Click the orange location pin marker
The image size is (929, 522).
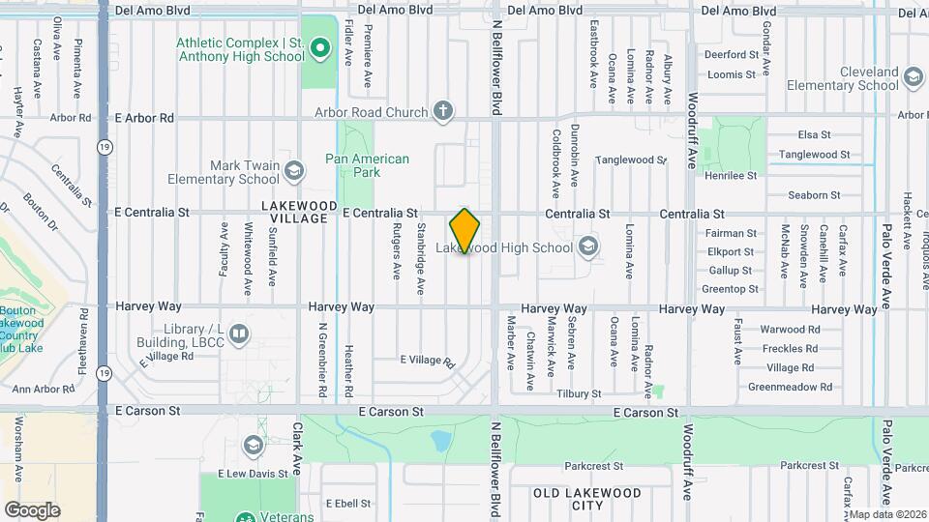[465, 230]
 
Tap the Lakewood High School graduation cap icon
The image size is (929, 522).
[586, 248]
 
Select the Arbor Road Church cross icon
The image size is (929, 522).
[443, 112]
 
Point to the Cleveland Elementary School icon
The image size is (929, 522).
[913, 77]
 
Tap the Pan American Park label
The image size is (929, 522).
[367, 165]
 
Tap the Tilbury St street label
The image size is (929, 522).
[579, 393]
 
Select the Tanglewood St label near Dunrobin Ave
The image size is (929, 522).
[630, 159]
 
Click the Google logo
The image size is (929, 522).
[32, 509]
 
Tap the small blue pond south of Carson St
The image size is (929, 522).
[441, 442]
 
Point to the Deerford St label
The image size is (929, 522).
[731, 55]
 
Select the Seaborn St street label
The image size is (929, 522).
[813, 194]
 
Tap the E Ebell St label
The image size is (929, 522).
[348, 503]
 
